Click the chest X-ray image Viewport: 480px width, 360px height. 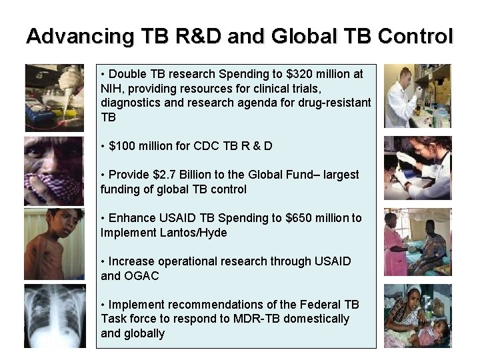(x=55, y=316)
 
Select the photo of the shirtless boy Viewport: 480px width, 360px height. (x=55, y=244)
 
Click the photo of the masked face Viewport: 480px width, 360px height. (x=55, y=171)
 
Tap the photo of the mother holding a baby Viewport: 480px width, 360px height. (x=417, y=316)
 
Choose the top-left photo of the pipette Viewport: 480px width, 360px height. (x=55, y=97)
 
